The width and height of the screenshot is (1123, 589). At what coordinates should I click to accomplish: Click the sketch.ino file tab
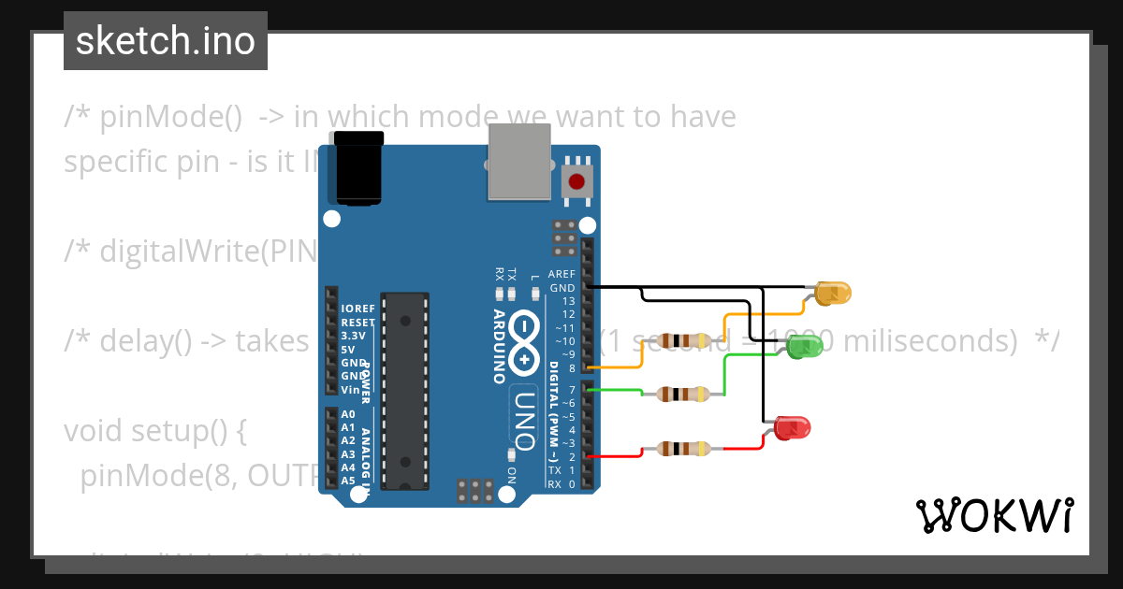pos(166,41)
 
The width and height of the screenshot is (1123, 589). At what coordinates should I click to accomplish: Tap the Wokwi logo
pos(994,515)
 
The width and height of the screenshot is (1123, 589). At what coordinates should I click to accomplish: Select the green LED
pos(804,347)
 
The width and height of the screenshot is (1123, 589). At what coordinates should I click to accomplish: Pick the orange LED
pos(832,293)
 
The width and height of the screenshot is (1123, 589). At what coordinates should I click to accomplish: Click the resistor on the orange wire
pos(681,340)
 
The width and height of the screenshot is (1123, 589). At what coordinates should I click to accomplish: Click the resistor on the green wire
pos(681,394)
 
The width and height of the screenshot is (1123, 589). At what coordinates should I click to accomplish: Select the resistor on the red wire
pos(681,449)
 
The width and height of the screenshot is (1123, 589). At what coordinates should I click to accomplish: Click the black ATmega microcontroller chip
pos(406,390)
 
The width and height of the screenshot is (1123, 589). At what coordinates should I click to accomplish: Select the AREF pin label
pos(561,274)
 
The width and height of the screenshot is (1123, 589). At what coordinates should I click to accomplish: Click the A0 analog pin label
pos(348,414)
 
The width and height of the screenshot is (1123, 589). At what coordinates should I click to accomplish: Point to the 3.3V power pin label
pos(354,335)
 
